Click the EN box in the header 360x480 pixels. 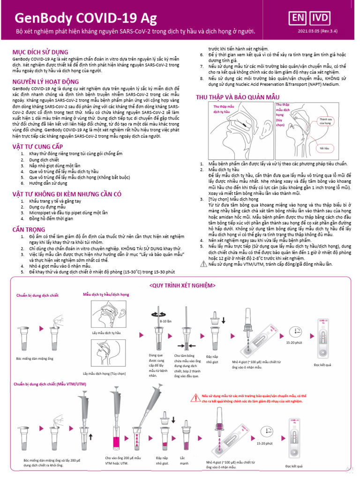click(x=297, y=18)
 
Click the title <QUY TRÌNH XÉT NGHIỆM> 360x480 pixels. click(x=182, y=285)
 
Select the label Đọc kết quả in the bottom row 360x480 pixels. click(x=294, y=466)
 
